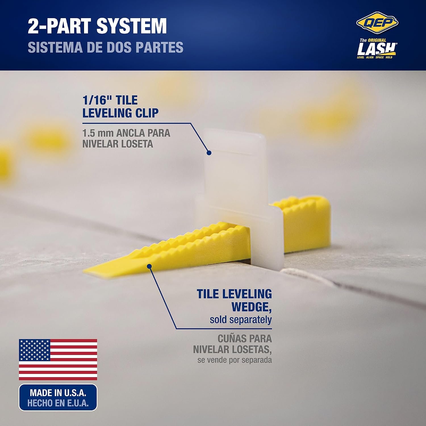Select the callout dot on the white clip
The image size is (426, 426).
pos(209,153)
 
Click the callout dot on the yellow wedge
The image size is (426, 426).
pos(149,266)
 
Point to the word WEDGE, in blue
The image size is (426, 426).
pos(251,307)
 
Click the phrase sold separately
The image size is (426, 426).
pos(241,320)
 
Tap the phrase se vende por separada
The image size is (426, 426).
pos(235,360)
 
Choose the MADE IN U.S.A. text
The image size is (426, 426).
pos(58,393)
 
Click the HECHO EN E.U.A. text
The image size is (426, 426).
pos(58,403)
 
